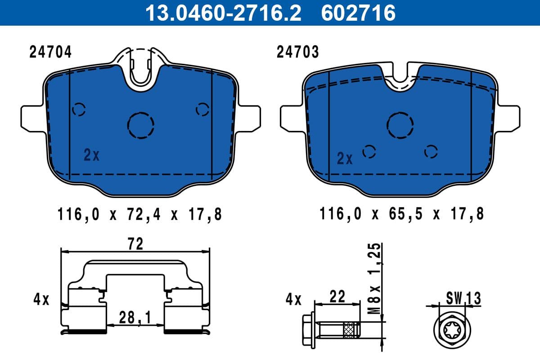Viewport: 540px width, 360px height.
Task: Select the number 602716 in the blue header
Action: tap(358, 13)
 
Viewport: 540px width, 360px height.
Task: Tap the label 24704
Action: tap(50, 53)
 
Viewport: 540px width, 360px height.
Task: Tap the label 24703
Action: tap(297, 53)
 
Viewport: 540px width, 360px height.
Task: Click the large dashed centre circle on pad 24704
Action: tap(141, 124)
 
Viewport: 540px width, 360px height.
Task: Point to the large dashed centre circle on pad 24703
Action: tap(400, 124)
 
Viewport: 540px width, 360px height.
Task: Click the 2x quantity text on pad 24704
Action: tap(91, 155)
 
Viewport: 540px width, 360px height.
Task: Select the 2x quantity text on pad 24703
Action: tap(345, 158)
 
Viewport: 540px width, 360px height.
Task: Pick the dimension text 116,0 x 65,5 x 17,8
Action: tap(401, 214)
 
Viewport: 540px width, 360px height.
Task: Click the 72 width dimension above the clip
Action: tap(135, 243)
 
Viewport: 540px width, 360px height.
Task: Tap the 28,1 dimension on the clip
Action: tap(135, 318)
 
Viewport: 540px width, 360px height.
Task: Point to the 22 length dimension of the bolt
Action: tap(337, 297)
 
